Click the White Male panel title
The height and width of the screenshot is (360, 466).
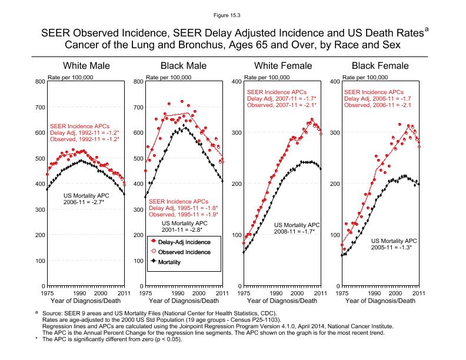86,66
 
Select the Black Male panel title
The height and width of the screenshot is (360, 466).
184,66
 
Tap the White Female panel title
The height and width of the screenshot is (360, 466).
282,66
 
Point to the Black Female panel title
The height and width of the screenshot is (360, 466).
380,66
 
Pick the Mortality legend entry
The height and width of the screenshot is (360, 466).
177,262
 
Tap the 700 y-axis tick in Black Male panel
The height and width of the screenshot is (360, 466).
138,107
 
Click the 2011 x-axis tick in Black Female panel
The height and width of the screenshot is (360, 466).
419,293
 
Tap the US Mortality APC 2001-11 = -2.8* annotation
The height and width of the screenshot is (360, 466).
185,227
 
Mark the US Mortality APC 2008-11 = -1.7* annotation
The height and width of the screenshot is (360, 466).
297,228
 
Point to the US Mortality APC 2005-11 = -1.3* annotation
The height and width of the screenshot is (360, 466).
394,244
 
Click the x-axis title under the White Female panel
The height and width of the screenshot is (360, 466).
282,301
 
